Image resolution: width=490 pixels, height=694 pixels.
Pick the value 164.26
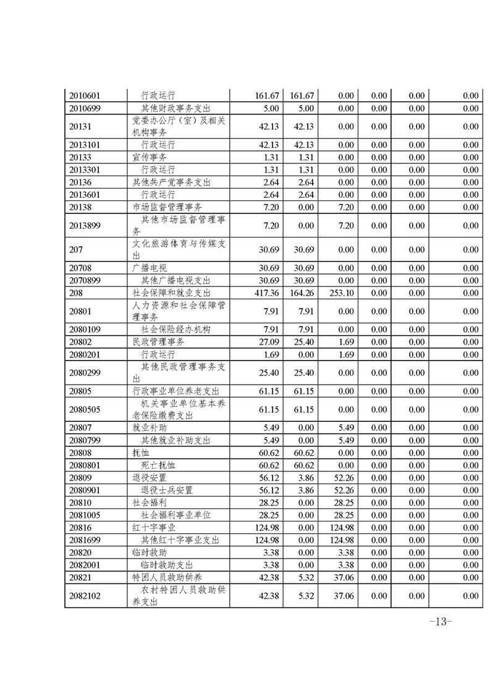[302, 293]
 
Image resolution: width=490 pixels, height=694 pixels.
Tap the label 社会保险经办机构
[176, 330]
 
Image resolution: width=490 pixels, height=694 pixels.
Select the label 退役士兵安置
[167, 490]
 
